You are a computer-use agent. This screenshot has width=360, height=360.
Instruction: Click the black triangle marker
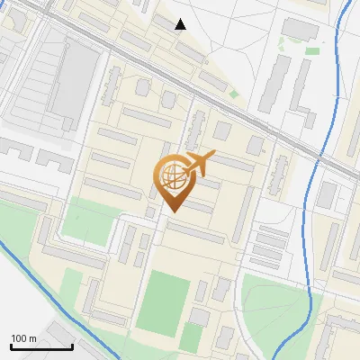[181, 24]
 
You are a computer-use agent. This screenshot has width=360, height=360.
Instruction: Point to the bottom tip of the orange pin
[171, 211]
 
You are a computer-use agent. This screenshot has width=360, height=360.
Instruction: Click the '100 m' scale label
[23, 338]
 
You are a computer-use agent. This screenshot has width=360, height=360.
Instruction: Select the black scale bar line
[41, 347]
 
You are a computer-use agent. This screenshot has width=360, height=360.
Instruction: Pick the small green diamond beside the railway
[234, 94]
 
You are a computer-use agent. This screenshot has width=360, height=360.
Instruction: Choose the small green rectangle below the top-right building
[311, 51]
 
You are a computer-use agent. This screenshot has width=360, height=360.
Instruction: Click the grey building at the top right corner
[300, 29]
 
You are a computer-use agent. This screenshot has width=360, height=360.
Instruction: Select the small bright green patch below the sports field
[191, 337]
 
